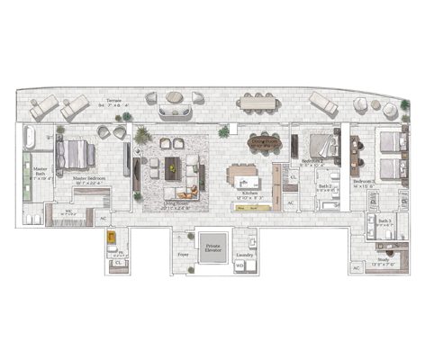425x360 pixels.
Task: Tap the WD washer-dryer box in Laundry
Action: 240,266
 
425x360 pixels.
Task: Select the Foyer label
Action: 183,256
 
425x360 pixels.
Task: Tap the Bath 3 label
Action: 384,220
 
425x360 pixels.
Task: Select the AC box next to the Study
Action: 357,268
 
